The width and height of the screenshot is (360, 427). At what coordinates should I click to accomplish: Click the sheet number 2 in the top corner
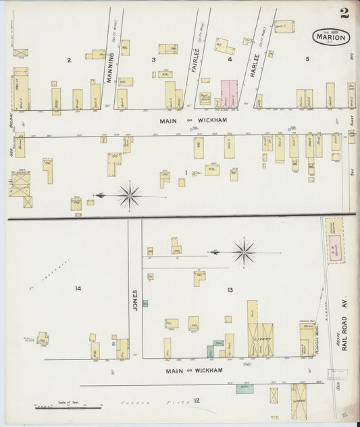pyautogui.click(x=344, y=13)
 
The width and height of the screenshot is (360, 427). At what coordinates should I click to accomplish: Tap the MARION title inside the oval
pyautogui.click(x=331, y=38)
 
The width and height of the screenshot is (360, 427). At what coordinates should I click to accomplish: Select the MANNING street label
pyautogui.click(x=109, y=66)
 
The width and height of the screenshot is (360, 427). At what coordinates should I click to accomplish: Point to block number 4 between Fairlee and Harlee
pyautogui.click(x=230, y=59)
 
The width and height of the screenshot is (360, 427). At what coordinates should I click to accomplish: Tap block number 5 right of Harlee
pyautogui.click(x=307, y=59)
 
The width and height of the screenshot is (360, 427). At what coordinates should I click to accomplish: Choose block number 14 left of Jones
pyautogui.click(x=78, y=289)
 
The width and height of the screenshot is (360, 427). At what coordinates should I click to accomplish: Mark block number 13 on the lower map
pyautogui.click(x=230, y=290)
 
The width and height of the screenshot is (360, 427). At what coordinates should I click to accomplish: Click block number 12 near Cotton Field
pyautogui.click(x=197, y=401)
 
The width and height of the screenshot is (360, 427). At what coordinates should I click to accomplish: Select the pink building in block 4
pyautogui.click(x=229, y=93)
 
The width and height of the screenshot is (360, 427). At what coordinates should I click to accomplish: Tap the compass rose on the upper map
pyautogui.click(x=129, y=195)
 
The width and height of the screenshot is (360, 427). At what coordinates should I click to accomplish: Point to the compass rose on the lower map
pyautogui.click(x=244, y=253)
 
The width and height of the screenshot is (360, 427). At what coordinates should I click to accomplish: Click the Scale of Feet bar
pyautogui.click(x=68, y=407)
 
